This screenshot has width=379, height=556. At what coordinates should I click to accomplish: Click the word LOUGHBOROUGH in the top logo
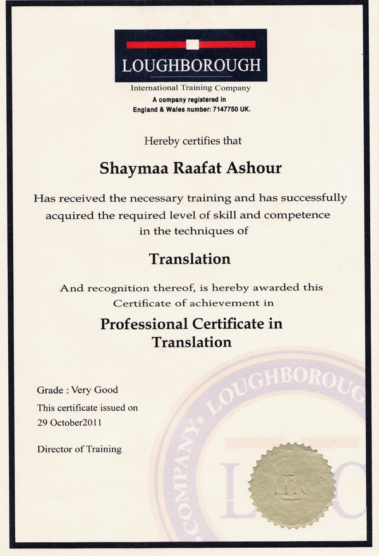click(x=191, y=65)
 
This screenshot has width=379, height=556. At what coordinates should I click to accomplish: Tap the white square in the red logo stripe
click(x=193, y=44)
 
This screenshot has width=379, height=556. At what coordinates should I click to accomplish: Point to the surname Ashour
click(x=253, y=168)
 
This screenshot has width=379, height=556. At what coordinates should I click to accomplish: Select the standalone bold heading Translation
click(x=189, y=259)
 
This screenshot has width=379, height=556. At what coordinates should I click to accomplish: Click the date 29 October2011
click(x=69, y=421)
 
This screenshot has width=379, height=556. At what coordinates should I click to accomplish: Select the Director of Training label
click(x=79, y=449)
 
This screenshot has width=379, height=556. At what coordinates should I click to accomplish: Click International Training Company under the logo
click(x=190, y=88)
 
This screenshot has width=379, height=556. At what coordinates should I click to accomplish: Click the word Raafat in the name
click(x=189, y=168)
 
